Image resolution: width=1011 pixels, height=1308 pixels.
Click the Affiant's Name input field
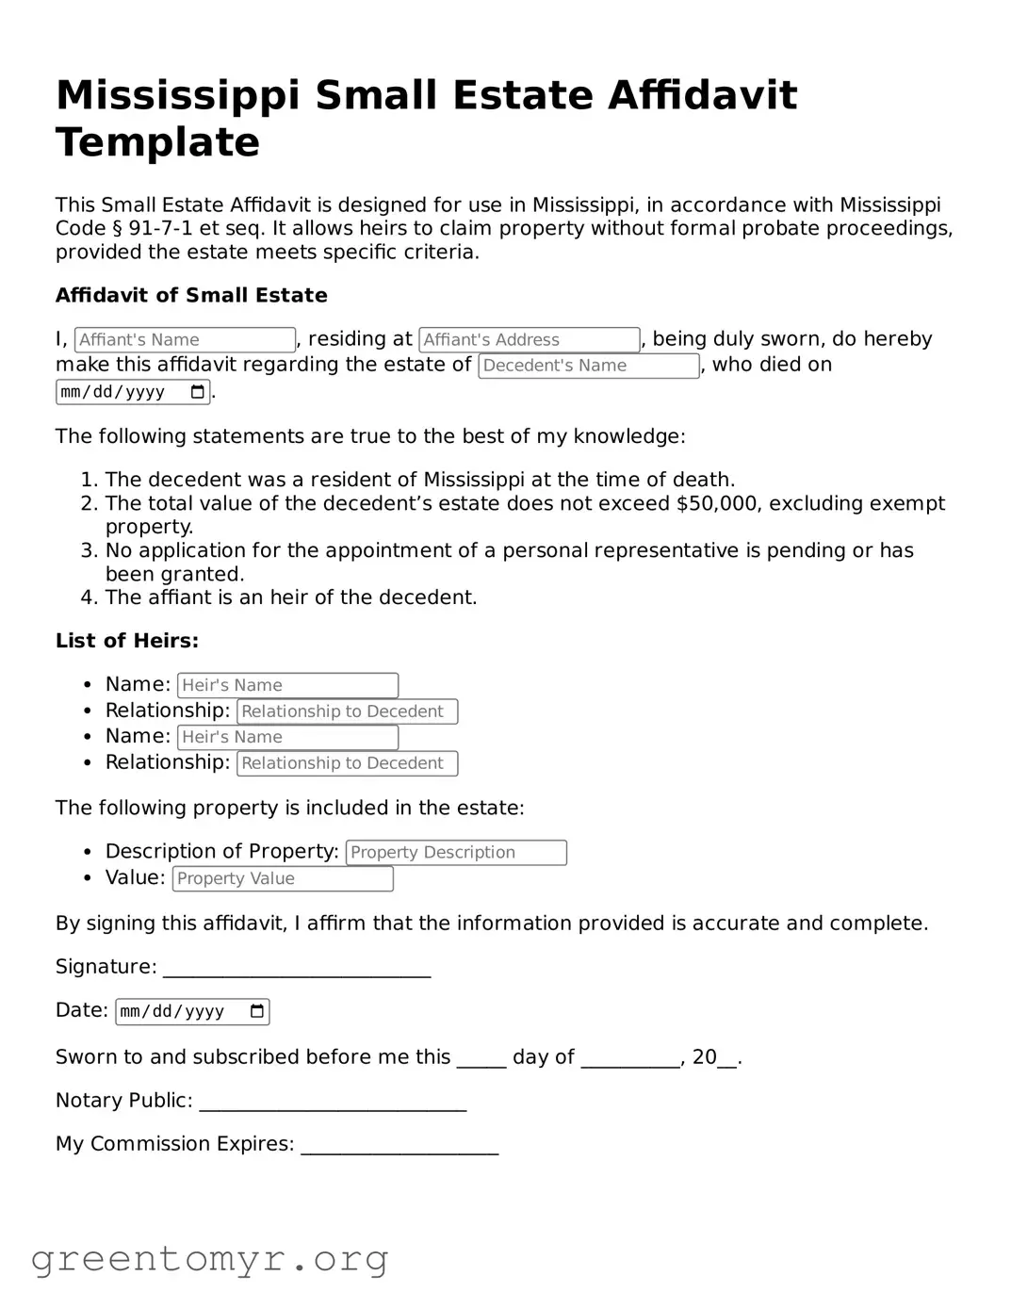[x=186, y=340]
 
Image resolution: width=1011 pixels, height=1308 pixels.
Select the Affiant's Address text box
[x=529, y=340]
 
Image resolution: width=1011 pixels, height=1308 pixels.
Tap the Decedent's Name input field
[x=588, y=366]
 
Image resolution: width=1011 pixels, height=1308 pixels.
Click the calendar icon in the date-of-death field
[x=198, y=392]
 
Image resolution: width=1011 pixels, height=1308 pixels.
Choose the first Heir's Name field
[x=287, y=686]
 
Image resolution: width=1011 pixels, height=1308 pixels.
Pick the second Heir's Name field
[x=287, y=738]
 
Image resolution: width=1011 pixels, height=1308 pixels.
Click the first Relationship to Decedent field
[x=347, y=711]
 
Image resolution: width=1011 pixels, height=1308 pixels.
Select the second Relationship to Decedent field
[x=347, y=763]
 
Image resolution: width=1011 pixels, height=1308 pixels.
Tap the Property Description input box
[x=456, y=853]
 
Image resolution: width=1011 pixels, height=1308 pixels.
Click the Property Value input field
[x=283, y=879]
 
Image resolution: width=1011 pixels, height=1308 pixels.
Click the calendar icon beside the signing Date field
[x=257, y=1012]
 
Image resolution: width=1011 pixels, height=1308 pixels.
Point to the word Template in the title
[x=157, y=142]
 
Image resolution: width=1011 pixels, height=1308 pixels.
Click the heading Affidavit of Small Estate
[x=191, y=296]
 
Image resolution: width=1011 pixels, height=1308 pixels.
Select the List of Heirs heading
[x=127, y=642]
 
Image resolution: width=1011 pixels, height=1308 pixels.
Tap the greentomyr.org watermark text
[x=209, y=1259]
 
